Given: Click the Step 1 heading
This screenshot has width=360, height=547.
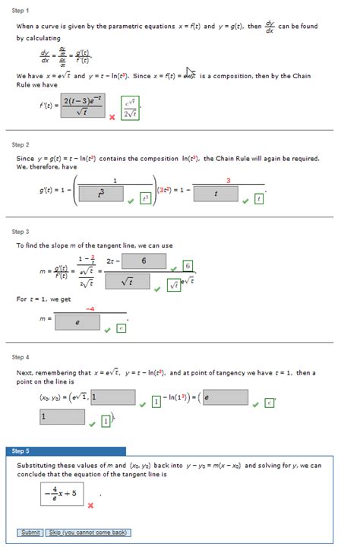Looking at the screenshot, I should tap(21, 11).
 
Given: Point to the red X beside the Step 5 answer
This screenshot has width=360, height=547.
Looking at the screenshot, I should tap(90, 505).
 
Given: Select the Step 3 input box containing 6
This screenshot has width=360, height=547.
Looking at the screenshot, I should tap(144, 261).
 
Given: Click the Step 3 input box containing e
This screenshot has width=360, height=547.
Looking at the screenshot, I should tap(76, 322).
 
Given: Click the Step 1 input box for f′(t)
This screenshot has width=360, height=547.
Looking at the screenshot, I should tap(78, 106).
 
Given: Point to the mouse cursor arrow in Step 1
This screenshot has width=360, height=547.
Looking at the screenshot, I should tap(191, 74).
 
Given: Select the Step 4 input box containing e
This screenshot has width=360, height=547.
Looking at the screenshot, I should tap(225, 397).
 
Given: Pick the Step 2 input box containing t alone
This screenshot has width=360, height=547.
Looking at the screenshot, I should tap(216, 194).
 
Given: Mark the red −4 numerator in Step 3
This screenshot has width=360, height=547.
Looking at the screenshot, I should tap(90, 308).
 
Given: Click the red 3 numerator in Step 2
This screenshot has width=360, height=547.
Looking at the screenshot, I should tap(228, 180).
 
